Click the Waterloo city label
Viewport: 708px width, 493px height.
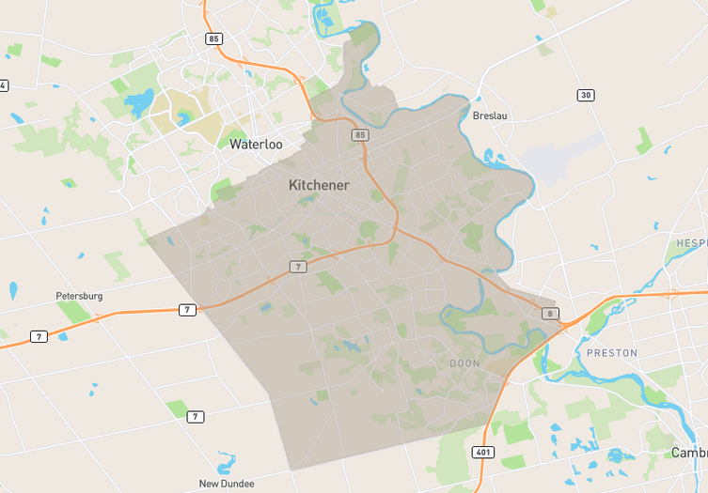pos(256,145)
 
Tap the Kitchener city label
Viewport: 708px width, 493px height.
pos(318,185)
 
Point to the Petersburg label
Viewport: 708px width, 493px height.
pos(79,296)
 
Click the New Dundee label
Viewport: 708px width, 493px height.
pos(227,484)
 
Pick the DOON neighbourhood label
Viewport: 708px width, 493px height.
pos(464,362)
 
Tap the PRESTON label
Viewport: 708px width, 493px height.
pos(611,353)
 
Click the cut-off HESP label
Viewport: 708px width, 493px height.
pos(691,243)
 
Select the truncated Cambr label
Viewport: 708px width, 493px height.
pos(688,453)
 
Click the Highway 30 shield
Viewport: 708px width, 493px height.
pos(586,96)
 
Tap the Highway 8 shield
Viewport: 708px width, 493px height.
pos(550,313)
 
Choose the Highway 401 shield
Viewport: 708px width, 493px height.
pos(482,452)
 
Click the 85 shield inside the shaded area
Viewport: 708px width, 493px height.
pos(360,135)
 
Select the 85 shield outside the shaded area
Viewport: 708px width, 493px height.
pos(214,39)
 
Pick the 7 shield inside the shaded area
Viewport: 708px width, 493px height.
pos(297,268)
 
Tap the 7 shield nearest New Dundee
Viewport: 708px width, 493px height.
pos(195,416)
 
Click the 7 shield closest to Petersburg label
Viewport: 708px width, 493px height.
pos(188,310)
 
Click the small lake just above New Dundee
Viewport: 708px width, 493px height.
pos(226,463)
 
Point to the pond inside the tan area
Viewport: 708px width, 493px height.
pos(184,118)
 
